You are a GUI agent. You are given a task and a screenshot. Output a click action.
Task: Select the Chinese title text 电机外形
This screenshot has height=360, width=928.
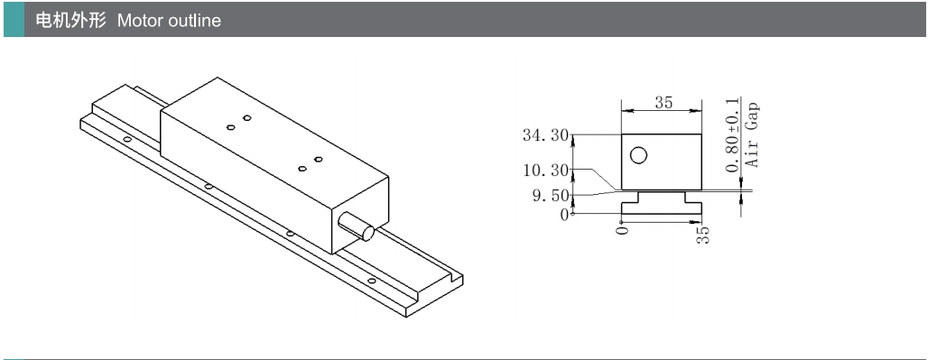point(71,21)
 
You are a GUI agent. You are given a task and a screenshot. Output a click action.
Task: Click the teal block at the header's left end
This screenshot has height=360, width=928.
point(14,20)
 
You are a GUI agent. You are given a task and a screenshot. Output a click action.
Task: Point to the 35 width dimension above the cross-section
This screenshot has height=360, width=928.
point(664,102)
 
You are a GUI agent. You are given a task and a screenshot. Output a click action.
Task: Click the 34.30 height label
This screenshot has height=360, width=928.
point(544,135)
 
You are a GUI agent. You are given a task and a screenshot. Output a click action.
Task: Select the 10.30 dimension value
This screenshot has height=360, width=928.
point(544,171)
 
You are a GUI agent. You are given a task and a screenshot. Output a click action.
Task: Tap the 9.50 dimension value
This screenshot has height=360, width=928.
point(551,197)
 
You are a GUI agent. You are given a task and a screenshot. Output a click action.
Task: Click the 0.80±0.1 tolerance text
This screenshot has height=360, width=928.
point(733,134)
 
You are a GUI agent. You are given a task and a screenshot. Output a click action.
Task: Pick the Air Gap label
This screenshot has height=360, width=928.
point(752,134)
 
